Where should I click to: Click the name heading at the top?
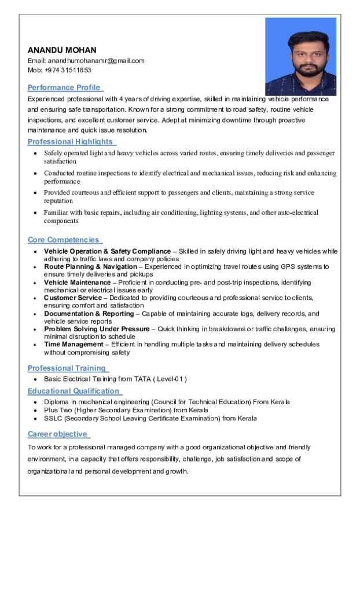62,50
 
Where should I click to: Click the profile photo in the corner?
300,56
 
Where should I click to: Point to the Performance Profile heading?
64,87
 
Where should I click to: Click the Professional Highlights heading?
71,142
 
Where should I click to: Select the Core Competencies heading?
64,240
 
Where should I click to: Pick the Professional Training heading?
67,368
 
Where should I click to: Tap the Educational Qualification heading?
74,391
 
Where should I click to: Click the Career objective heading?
58,434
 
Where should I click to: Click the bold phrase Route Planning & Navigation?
90,267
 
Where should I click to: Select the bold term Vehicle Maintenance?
77,283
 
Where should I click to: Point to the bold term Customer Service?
72,298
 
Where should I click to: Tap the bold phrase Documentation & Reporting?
89,314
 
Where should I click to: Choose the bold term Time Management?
74,344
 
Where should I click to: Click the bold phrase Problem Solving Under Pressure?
97,329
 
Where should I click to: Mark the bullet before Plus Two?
35,410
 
